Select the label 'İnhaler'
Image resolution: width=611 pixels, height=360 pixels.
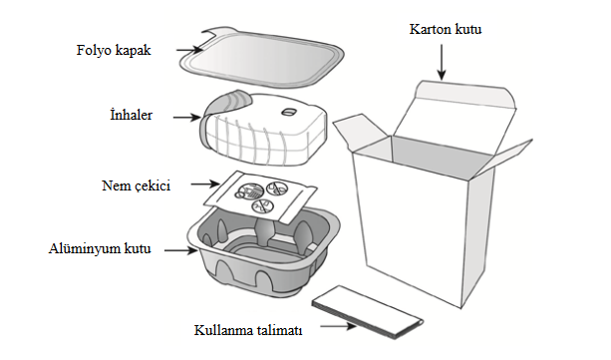click(x=133, y=116)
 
